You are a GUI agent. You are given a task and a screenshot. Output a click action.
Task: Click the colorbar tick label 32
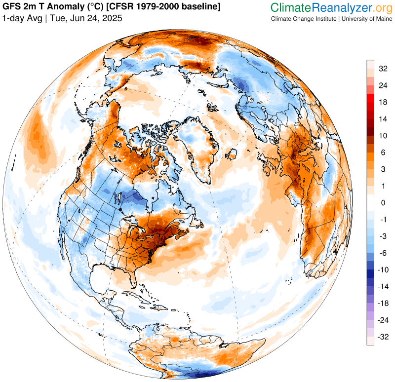(x=383, y=69)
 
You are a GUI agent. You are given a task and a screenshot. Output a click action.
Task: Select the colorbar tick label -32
(x=383, y=337)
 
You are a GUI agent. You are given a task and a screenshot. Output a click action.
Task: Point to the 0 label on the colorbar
(x=382, y=203)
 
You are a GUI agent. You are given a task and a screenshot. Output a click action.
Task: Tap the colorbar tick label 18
(x=383, y=102)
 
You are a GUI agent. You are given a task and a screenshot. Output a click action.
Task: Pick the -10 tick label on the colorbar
(x=383, y=270)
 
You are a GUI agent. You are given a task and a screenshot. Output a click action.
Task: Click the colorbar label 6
(x=382, y=153)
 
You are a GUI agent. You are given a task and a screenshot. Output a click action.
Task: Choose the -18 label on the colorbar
(x=383, y=304)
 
